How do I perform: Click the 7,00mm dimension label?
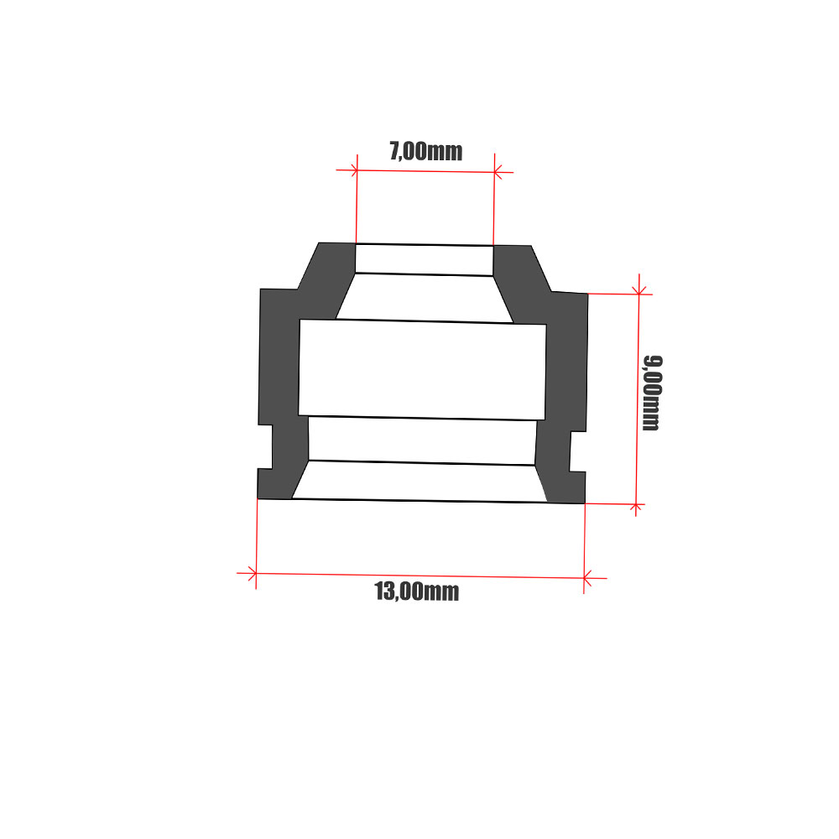(426, 151)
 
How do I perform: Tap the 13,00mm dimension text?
(417, 591)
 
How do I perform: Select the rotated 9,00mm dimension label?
(652, 393)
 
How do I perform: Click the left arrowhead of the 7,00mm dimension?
(354, 170)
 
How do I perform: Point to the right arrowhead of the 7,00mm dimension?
(498, 172)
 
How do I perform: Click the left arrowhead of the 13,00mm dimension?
(253, 574)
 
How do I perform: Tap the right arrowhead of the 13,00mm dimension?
(587, 578)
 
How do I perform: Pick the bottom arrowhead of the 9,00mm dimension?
(636, 507)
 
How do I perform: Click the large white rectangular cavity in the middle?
(422, 370)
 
